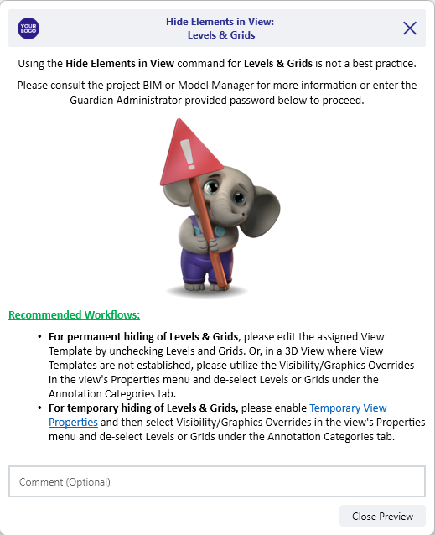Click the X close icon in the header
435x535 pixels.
[x=410, y=28]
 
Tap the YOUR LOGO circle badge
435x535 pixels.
[x=28, y=29]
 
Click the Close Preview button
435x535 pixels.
[x=382, y=516]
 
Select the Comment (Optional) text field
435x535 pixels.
[x=217, y=481]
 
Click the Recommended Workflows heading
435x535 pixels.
[x=74, y=315]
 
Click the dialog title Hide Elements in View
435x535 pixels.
[x=221, y=22]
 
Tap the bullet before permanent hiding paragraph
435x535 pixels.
[x=39, y=336]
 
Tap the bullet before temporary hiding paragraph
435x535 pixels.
[x=39, y=408]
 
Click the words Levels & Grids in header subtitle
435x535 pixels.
[x=221, y=35]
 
